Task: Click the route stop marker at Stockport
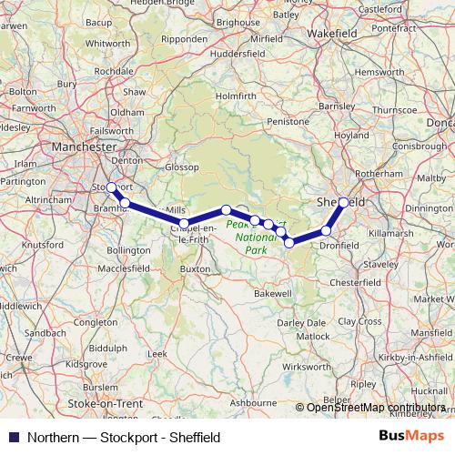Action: (x=111, y=187)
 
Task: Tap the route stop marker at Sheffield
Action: (x=343, y=202)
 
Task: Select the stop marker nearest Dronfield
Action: (x=326, y=231)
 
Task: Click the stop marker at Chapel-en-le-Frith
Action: (x=184, y=223)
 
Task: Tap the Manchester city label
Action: (x=86, y=146)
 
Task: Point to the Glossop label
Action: (x=182, y=167)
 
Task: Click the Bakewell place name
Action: (x=273, y=295)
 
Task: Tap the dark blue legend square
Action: (x=12, y=437)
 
